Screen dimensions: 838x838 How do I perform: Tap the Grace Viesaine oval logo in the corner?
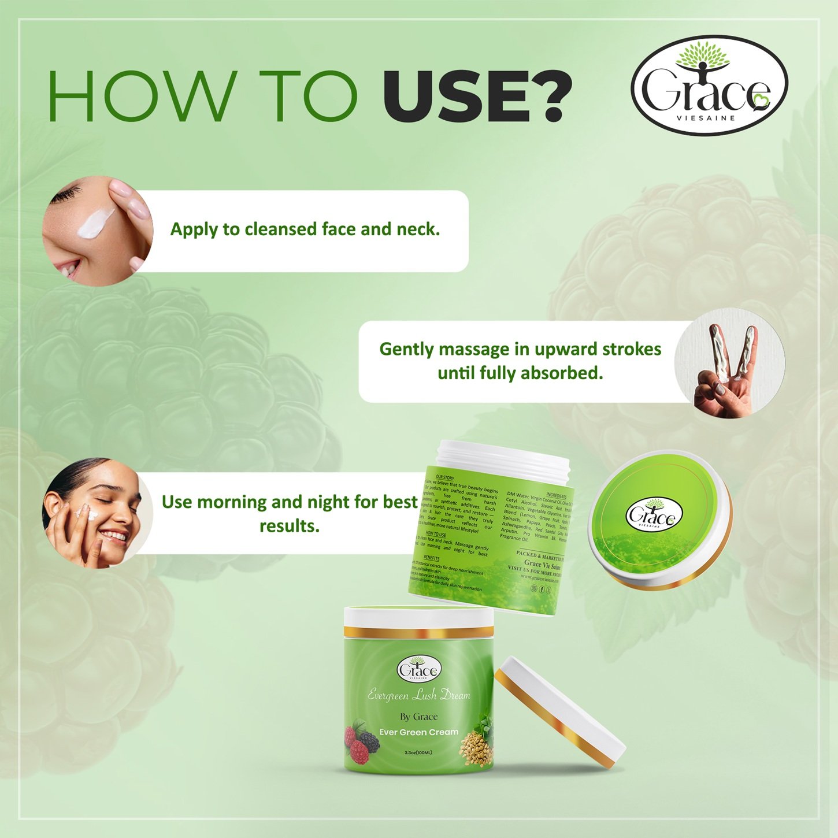(709, 86)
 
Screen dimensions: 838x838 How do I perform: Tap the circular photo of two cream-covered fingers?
(729, 362)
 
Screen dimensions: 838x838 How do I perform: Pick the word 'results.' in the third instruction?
(289, 526)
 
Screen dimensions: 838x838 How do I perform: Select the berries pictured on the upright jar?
(361, 743)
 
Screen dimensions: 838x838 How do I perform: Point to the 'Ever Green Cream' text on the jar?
(418, 732)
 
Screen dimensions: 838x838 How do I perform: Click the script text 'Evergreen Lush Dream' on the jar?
(418, 695)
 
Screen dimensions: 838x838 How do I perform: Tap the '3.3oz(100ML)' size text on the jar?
(418, 752)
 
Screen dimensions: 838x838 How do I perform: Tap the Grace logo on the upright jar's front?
(419, 670)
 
